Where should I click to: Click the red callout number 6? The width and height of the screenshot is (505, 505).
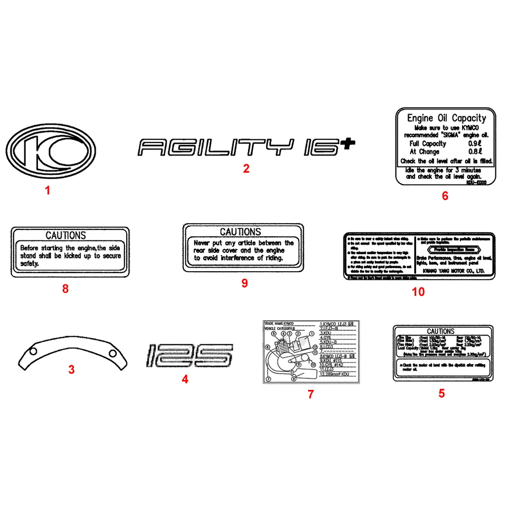point(445,196)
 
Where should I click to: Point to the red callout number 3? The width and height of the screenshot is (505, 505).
point(72,370)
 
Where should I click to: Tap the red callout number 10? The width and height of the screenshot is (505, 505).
point(419,292)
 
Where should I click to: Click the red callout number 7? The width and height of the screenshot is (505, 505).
point(311,394)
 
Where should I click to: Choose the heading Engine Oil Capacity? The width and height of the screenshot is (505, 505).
point(446,119)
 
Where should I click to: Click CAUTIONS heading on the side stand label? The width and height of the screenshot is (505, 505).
point(66,235)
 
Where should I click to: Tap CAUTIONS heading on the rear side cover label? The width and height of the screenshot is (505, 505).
point(240,232)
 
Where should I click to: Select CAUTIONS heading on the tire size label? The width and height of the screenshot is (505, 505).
point(440,332)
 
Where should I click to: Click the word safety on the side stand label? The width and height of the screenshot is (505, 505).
point(29,264)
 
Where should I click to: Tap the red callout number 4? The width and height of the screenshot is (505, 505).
point(185,379)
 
